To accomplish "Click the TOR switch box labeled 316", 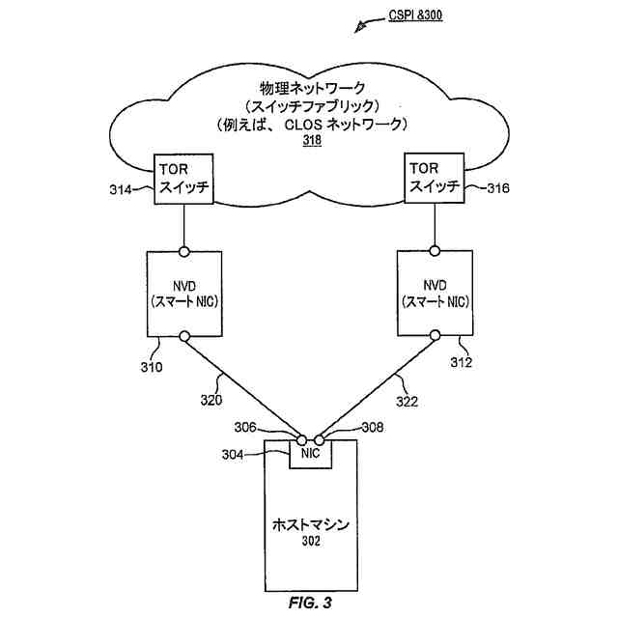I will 434,176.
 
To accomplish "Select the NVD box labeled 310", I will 183,294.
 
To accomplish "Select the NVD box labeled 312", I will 435,294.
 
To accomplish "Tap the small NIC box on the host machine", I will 310,452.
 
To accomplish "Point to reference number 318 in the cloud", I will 311,140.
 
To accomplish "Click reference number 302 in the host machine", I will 310,542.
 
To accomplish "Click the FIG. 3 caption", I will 310,604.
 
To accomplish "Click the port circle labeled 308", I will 318,438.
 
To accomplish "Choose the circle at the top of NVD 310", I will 183,251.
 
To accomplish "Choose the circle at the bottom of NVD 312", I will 435,336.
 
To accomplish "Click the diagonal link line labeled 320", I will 241,386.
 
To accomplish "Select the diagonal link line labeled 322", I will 377,386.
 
